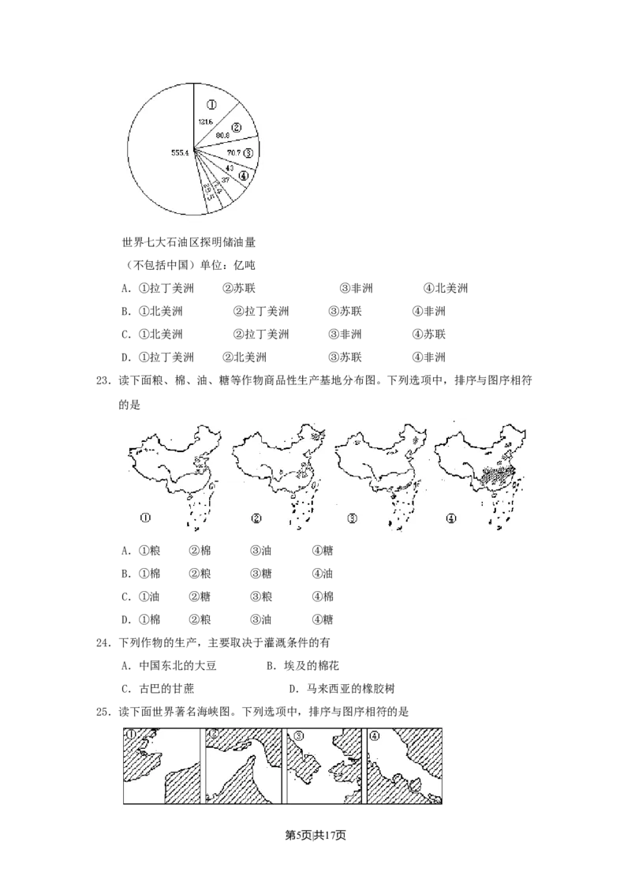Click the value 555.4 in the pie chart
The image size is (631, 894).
click(181, 152)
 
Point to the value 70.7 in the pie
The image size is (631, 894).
click(234, 151)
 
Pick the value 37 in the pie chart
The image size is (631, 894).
click(225, 180)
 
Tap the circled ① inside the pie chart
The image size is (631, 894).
click(211, 102)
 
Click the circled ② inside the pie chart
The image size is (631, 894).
click(236, 126)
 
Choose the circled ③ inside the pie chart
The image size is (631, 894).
click(248, 152)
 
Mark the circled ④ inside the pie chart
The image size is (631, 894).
click(244, 176)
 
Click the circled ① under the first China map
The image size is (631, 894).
click(144, 519)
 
